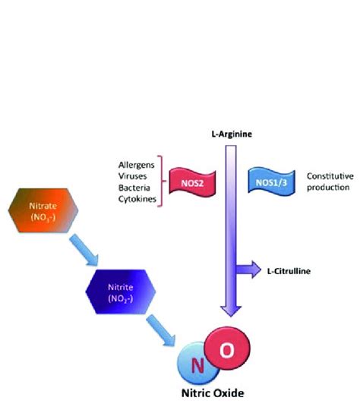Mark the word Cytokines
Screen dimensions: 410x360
(137, 198)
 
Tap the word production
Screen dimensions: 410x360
(329, 187)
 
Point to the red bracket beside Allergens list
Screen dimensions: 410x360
(159, 181)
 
